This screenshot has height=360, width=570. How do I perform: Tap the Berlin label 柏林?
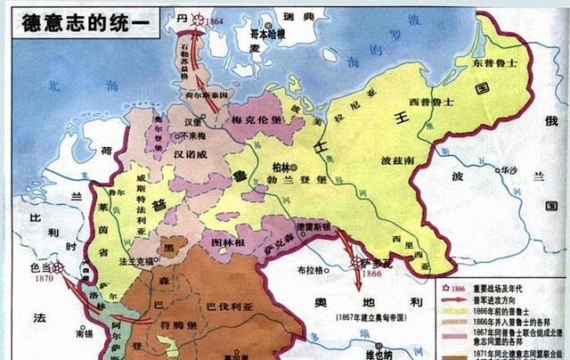pos(282,168)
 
